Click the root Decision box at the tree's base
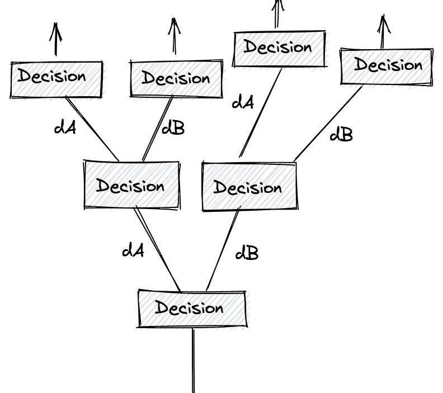[191, 308]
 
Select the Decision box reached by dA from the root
[131, 185]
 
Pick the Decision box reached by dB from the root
[248, 187]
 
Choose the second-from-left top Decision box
[176, 78]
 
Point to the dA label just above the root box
[133, 250]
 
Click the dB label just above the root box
[247, 253]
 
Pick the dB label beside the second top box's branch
[172, 129]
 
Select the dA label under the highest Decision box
[243, 102]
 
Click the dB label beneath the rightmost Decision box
[341, 134]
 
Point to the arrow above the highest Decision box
[277, 12]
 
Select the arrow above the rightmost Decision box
[383, 32]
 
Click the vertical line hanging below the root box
[194, 361]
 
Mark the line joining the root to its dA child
[158, 250]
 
